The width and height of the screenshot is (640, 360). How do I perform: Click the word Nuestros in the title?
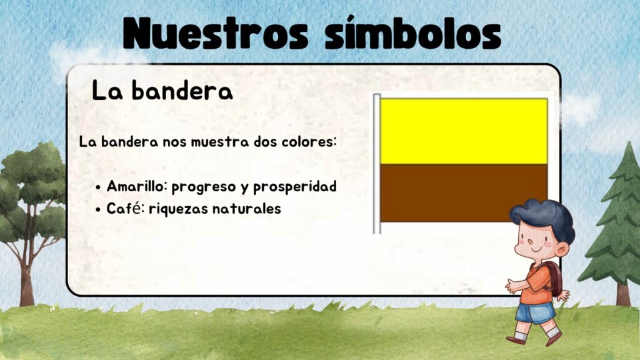point(215,33)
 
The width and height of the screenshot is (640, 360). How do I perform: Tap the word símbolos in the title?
point(412,32)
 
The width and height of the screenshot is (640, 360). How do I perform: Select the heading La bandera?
point(162,90)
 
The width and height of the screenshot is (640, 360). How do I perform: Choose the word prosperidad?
point(295,187)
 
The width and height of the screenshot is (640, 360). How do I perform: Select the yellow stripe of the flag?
point(464,131)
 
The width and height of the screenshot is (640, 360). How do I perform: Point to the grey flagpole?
point(377,164)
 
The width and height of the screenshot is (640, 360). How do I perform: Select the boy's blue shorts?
point(535,312)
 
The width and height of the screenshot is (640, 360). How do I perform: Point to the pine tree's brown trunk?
point(623,295)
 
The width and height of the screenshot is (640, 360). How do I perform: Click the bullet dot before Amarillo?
point(98,187)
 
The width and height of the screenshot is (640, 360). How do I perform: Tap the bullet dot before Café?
point(98,210)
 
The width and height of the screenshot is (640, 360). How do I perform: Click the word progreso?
point(204,187)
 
